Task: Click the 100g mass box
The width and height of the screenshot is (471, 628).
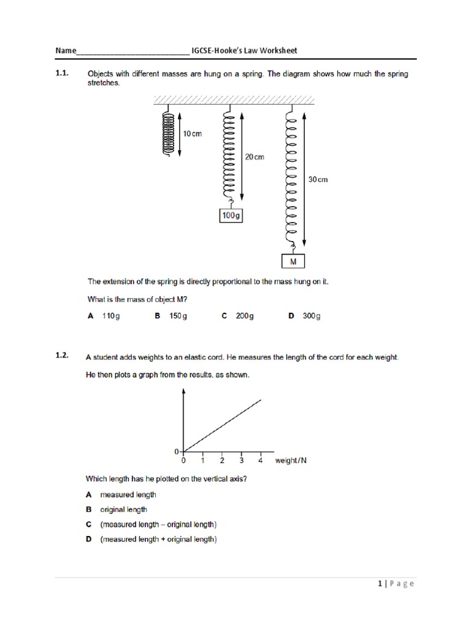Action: [x=231, y=216]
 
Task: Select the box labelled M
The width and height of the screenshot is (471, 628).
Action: [x=293, y=262]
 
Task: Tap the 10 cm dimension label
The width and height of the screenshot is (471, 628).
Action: [x=192, y=134]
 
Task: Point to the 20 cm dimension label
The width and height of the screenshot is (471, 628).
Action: [x=255, y=157]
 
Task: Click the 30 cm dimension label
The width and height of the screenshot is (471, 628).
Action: [x=318, y=180]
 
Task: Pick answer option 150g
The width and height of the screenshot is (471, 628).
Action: [x=178, y=316]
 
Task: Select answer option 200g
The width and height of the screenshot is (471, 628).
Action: [x=245, y=316]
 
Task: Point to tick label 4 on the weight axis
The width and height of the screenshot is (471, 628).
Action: [x=261, y=461]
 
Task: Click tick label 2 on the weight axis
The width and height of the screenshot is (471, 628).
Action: [x=222, y=461]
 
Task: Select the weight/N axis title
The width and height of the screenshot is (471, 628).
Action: [x=291, y=461]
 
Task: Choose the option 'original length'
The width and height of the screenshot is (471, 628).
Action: [x=124, y=509]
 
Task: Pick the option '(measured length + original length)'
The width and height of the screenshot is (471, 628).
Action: [x=158, y=539]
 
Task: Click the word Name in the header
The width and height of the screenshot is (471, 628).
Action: [x=66, y=50]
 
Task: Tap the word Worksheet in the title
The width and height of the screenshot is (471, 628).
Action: [x=278, y=50]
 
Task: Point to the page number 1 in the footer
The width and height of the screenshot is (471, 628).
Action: [x=380, y=584]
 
